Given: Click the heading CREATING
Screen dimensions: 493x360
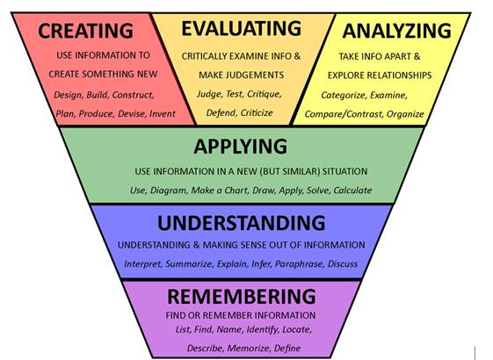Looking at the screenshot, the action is [x=85, y=31].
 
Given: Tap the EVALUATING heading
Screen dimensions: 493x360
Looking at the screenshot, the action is [x=242, y=28].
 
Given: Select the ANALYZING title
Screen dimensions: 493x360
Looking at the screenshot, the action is [x=397, y=31].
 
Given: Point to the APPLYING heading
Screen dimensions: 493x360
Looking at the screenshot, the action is [x=241, y=147].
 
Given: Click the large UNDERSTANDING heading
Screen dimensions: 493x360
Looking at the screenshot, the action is [x=242, y=223].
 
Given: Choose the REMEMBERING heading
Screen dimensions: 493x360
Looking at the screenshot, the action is [x=242, y=296].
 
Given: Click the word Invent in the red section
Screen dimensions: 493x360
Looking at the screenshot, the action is [x=163, y=114].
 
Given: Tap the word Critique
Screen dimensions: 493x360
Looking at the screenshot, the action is [x=265, y=94].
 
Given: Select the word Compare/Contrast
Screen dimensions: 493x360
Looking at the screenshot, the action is [x=343, y=114].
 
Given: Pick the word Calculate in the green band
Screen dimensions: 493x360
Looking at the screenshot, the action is [x=352, y=191].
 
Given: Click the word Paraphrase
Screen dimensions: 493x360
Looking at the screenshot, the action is [x=299, y=264].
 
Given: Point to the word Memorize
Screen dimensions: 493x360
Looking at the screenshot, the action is [x=249, y=348].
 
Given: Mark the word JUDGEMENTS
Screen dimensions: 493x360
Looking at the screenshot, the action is [x=257, y=76].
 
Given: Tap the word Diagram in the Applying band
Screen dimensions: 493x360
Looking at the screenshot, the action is [x=168, y=191].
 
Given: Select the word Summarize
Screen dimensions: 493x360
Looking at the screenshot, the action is [x=189, y=264].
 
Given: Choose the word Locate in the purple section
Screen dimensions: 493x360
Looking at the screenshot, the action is [x=297, y=329].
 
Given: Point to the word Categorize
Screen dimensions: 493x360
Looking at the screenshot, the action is [x=343, y=95].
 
